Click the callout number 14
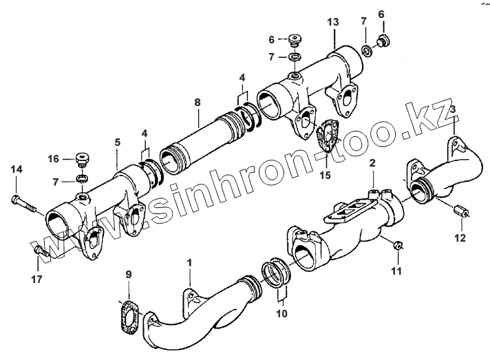coord(17,169)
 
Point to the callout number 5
coord(117,142)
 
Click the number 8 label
coord(198,103)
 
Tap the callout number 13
coord(332,23)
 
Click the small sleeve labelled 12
coord(461,210)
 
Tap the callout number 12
coord(460,238)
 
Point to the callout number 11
coord(395,271)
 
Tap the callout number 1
coord(189,262)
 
